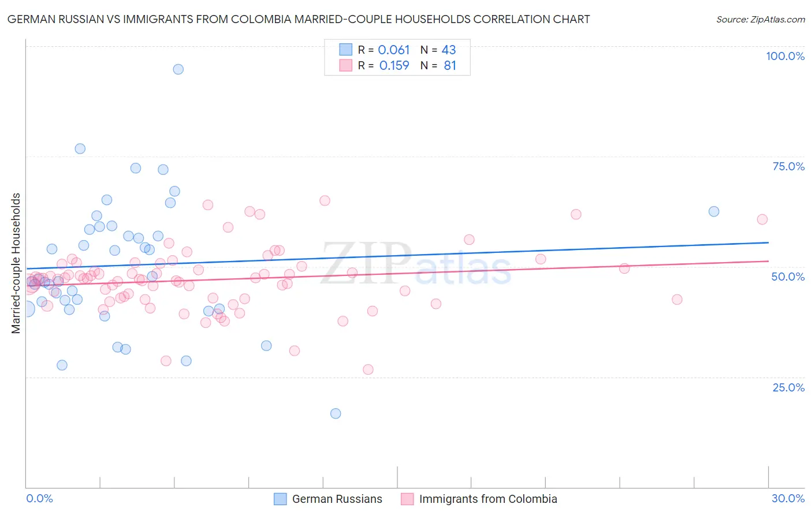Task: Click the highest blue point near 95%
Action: pos(178,69)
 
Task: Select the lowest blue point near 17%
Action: pos(336,413)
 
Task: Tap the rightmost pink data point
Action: pos(762,219)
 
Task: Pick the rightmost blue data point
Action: pos(714,211)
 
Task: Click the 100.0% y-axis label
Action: pos(785,56)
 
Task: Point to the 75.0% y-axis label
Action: pos(788,166)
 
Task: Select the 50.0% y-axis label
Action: pos(788,277)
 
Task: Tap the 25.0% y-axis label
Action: pos(788,387)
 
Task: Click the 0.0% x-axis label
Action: pos(39,498)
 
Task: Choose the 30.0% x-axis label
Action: pos(788,498)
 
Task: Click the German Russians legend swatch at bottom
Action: pos(280,499)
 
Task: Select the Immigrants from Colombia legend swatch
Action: pos(407,499)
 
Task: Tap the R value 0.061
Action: pos(394,50)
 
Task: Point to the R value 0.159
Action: pos(394,66)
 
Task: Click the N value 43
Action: pos(449,50)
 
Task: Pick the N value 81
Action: pos(450,66)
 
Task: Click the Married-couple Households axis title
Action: pos(16,263)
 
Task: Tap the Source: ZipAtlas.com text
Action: pos(760,19)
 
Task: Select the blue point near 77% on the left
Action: pos(80,149)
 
